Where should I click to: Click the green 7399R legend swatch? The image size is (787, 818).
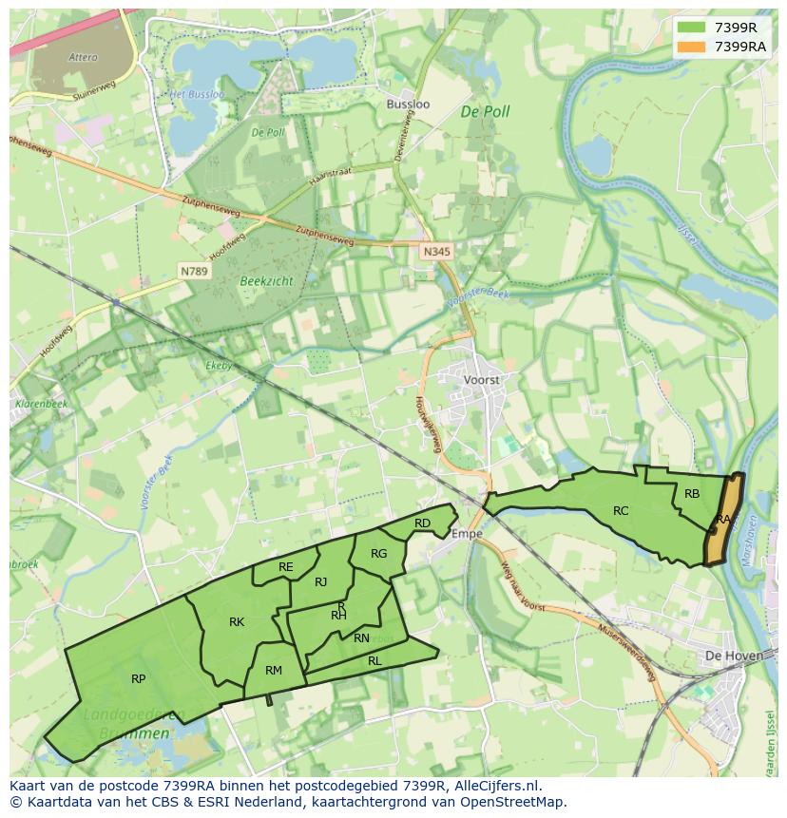click(691, 28)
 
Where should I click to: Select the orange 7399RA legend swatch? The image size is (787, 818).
click(691, 47)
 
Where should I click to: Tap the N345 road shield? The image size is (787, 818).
click(436, 252)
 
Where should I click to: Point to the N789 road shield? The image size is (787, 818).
click(195, 272)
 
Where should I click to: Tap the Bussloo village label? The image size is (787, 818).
click(408, 104)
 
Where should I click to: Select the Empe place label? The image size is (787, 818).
click(467, 534)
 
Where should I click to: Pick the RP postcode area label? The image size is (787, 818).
click(139, 678)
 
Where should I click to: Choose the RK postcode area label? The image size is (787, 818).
click(237, 622)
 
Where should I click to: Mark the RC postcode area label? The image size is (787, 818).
click(621, 511)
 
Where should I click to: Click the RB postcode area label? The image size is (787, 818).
click(692, 494)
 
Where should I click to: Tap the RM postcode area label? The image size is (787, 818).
click(274, 671)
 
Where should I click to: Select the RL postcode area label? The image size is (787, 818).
click(374, 660)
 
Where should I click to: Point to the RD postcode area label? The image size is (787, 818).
click(422, 523)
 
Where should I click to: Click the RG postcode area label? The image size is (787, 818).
click(379, 554)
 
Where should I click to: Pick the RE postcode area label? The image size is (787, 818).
click(286, 567)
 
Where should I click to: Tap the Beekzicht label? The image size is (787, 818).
click(266, 281)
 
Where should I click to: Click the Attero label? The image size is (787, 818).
click(84, 57)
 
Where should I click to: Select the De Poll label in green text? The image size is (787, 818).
click(485, 111)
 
